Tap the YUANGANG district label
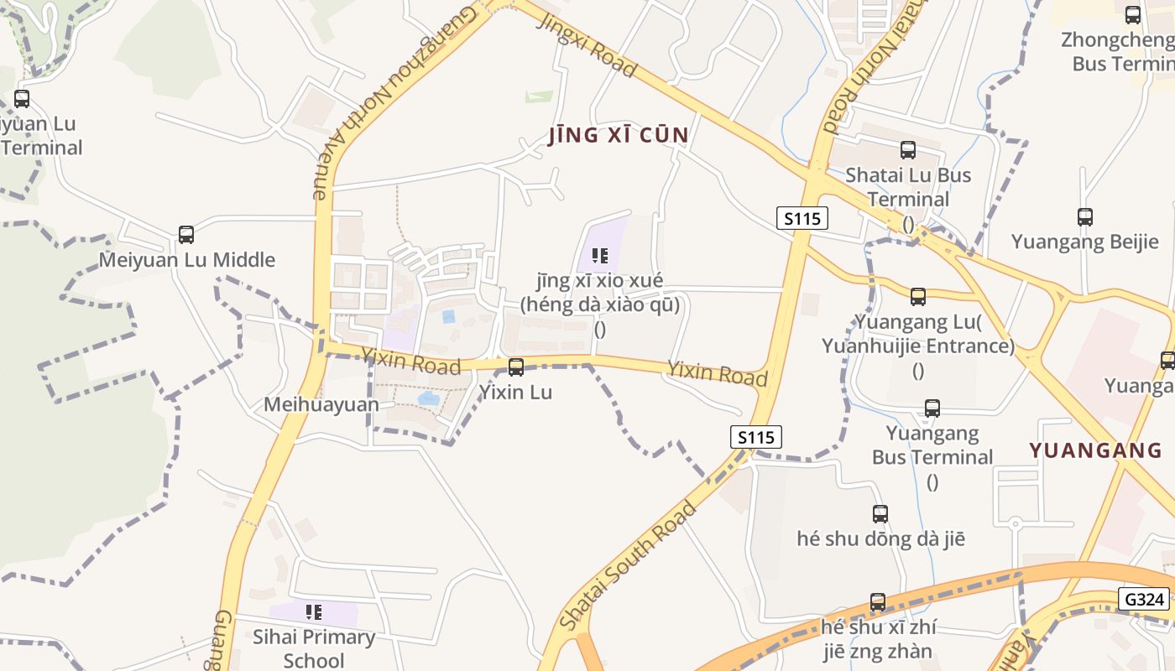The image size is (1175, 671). (x=1095, y=450)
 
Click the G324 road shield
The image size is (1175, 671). (x=1144, y=599)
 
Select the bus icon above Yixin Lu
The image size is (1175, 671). (x=516, y=367)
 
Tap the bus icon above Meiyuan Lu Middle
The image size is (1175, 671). (x=186, y=235)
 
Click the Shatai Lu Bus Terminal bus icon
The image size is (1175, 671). (x=908, y=150)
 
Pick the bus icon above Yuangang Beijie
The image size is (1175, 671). (x=1085, y=217)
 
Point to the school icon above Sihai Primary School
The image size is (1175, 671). (x=314, y=612)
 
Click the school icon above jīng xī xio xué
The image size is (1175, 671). (x=600, y=255)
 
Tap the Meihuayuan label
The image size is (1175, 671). (x=321, y=404)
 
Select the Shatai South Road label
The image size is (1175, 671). (x=628, y=566)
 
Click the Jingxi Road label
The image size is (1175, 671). (x=587, y=44)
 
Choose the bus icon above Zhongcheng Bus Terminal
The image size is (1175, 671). (x=1133, y=14)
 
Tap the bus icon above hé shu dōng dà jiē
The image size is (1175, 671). (x=880, y=514)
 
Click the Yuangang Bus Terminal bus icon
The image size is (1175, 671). (x=932, y=408)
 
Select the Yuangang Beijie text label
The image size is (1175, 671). (x=1084, y=242)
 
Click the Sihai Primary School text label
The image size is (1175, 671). (x=314, y=648)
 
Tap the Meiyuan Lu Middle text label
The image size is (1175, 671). (x=187, y=260)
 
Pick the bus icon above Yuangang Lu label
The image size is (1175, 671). (x=918, y=296)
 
